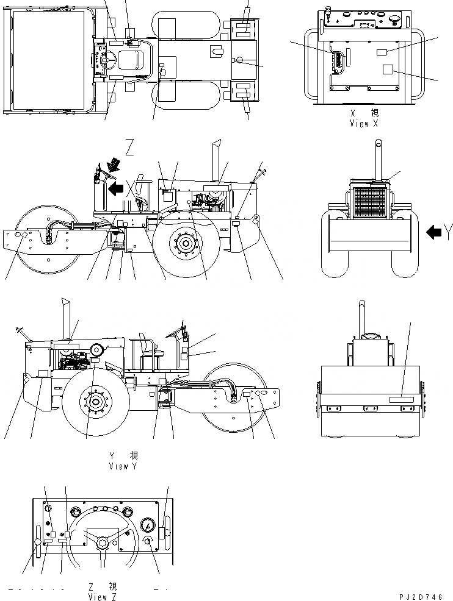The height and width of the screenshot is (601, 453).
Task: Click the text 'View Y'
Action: [x=127, y=466]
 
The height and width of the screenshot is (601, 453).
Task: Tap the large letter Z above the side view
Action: [x=129, y=148]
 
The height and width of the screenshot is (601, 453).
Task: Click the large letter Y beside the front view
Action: [x=449, y=231]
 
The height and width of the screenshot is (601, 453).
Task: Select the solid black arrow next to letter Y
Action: [x=433, y=232]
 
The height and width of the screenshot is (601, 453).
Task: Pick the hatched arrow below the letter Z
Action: [x=112, y=165]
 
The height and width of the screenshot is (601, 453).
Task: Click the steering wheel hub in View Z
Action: [x=101, y=543]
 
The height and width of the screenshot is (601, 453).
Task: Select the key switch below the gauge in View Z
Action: [x=147, y=542]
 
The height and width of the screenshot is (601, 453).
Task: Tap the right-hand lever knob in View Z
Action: [x=163, y=533]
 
